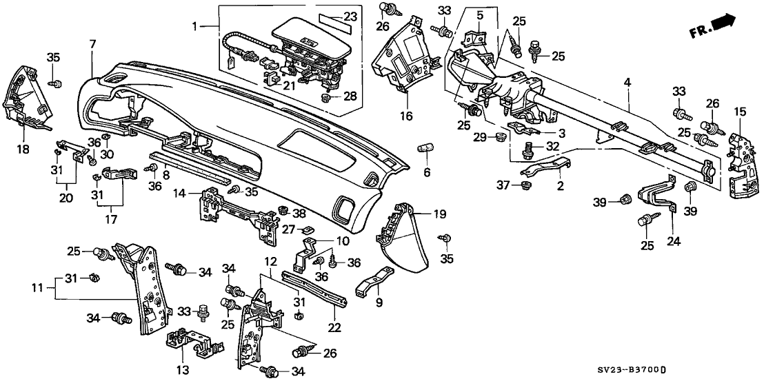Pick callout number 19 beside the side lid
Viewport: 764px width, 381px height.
tap(439, 214)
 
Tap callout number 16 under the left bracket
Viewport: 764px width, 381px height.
tap(406, 117)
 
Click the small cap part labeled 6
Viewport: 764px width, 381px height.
tap(425, 148)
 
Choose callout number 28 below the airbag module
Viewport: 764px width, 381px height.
tap(350, 96)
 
